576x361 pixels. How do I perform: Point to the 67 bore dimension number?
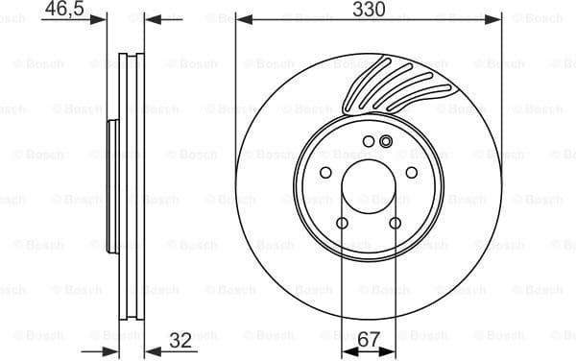(x=368, y=341)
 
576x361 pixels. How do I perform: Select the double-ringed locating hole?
(x=386, y=143)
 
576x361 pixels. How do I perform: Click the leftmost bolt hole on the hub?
(x=325, y=173)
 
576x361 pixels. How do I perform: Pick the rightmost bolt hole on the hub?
(x=412, y=173)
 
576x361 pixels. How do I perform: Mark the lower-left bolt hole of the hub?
(x=343, y=224)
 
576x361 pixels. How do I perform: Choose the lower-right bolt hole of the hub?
(x=395, y=224)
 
